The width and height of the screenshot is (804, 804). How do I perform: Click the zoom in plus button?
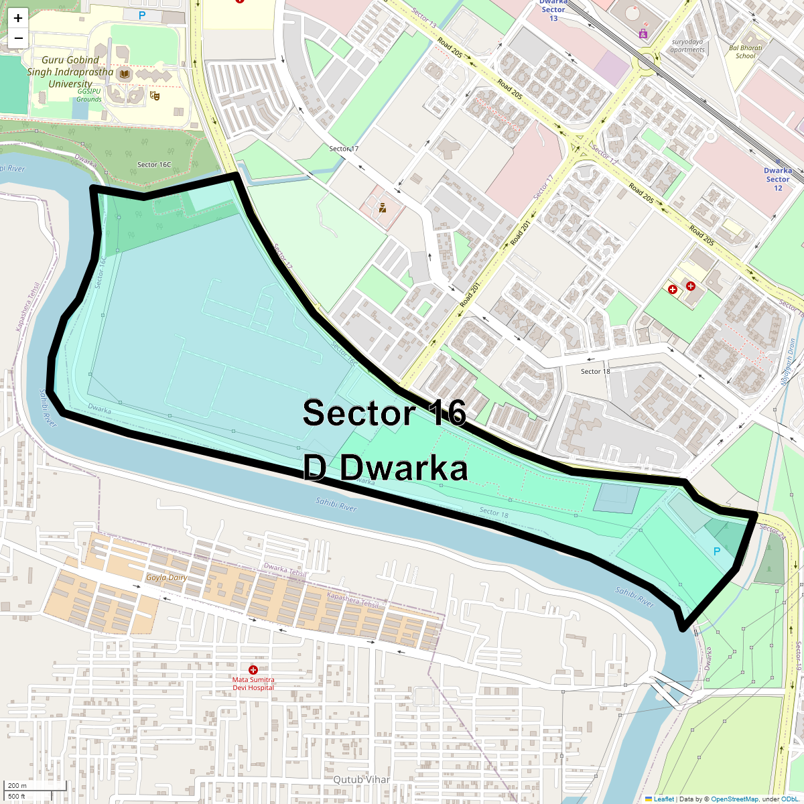(x=18, y=18)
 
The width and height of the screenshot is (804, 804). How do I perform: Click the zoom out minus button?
(x=18, y=38)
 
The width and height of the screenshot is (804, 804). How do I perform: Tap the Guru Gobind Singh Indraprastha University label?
(x=70, y=72)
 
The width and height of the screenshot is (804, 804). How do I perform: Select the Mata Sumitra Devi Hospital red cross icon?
(x=253, y=669)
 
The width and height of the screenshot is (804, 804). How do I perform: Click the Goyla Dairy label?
(x=167, y=578)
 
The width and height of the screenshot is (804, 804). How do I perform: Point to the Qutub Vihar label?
(x=361, y=779)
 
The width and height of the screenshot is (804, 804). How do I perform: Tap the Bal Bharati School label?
(x=745, y=52)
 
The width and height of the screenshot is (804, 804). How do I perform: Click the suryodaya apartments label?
(x=688, y=46)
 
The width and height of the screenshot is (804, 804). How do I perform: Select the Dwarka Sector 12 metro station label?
(x=777, y=179)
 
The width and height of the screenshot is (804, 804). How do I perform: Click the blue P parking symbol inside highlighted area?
(x=716, y=551)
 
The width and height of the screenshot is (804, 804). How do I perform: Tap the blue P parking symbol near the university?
(x=142, y=15)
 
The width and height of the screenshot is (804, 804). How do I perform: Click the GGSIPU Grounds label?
(x=89, y=95)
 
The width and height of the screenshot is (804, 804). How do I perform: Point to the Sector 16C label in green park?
(x=154, y=164)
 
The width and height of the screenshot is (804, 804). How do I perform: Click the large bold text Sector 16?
(x=384, y=413)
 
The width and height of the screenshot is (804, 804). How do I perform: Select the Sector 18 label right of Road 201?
(x=595, y=371)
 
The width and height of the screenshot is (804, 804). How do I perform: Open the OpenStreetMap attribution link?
(x=734, y=799)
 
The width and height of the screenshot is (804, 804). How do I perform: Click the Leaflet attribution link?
(x=663, y=799)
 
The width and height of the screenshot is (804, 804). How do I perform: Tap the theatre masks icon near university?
(x=155, y=96)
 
